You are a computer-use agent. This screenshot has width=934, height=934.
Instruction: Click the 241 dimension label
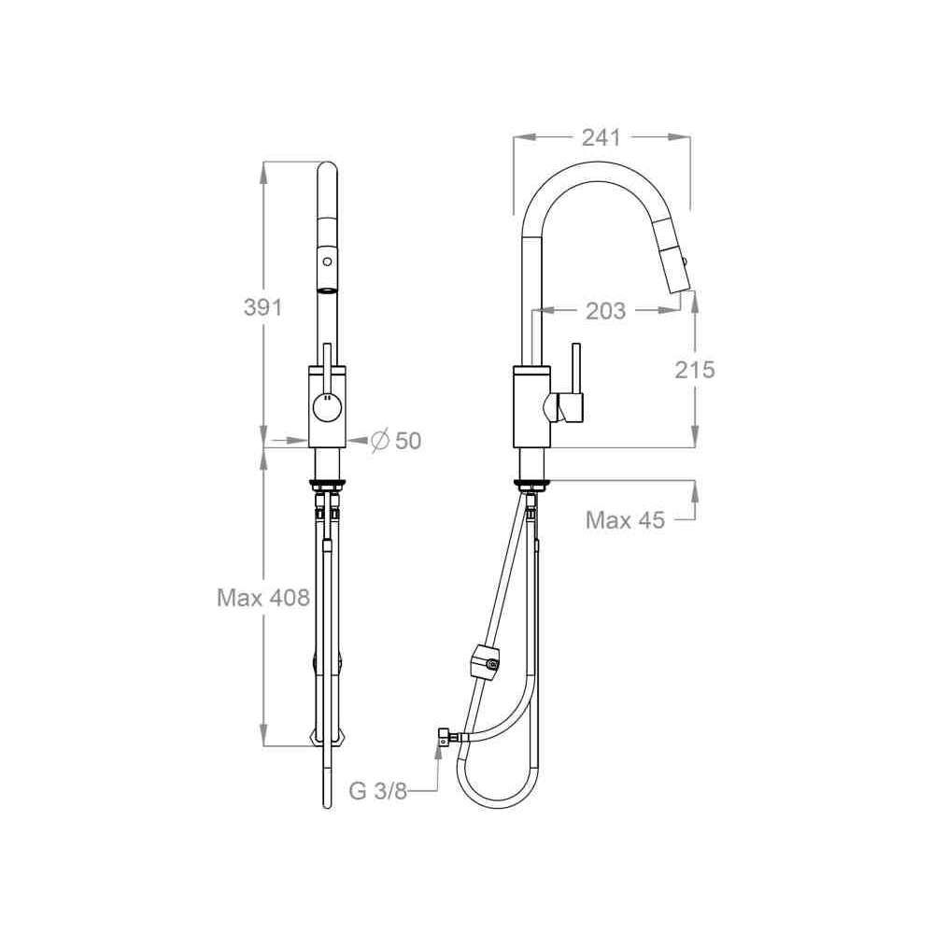pyautogui.click(x=601, y=137)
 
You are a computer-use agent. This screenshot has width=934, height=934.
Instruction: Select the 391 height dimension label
pyautogui.click(x=262, y=307)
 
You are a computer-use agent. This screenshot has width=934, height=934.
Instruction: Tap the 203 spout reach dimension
pyautogui.click(x=606, y=310)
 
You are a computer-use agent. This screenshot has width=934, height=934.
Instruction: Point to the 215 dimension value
pyautogui.click(x=695, y=370)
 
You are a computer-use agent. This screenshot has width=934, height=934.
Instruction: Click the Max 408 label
pyautogui.click(x=263, y=597)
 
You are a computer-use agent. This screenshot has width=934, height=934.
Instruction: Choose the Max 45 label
pyautogui.click(x=625, y=520)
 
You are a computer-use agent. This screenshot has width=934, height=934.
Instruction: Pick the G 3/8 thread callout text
pyautogui.click(x=377, y=791)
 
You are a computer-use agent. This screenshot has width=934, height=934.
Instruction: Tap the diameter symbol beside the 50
pyautogui.click(x=380, y=441)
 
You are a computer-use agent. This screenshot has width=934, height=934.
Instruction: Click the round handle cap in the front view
pyautogui.click(x=327, y=409)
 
